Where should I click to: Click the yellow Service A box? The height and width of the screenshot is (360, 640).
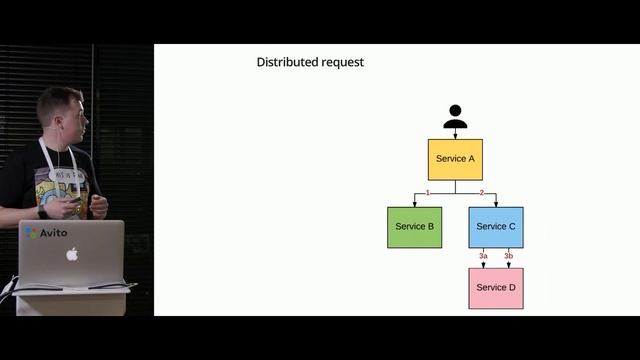(x=455, y=159)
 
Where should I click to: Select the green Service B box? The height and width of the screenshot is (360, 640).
(x=414, y=227)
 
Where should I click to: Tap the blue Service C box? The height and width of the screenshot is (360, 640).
(x=496, y=227)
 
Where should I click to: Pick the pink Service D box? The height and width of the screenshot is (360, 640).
(x=496, y=288)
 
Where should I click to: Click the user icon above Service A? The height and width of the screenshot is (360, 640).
(x=455, y=117)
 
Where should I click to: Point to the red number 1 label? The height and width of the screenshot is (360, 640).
(x=428, y=192)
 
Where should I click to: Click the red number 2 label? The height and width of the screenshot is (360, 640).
(x=481, y=192)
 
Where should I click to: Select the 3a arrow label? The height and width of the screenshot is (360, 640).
(x=483, y=257)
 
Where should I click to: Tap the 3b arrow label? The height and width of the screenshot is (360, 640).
(x=508, y=257)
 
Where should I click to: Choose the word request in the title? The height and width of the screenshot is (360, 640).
(x=343, y=63)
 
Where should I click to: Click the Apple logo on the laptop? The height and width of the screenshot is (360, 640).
(x=72, y=254)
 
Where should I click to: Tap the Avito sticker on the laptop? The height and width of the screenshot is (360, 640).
(x=47, y=233)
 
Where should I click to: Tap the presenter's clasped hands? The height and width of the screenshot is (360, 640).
(x=90, y=207)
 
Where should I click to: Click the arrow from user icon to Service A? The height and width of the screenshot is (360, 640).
(x=455, y=134)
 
